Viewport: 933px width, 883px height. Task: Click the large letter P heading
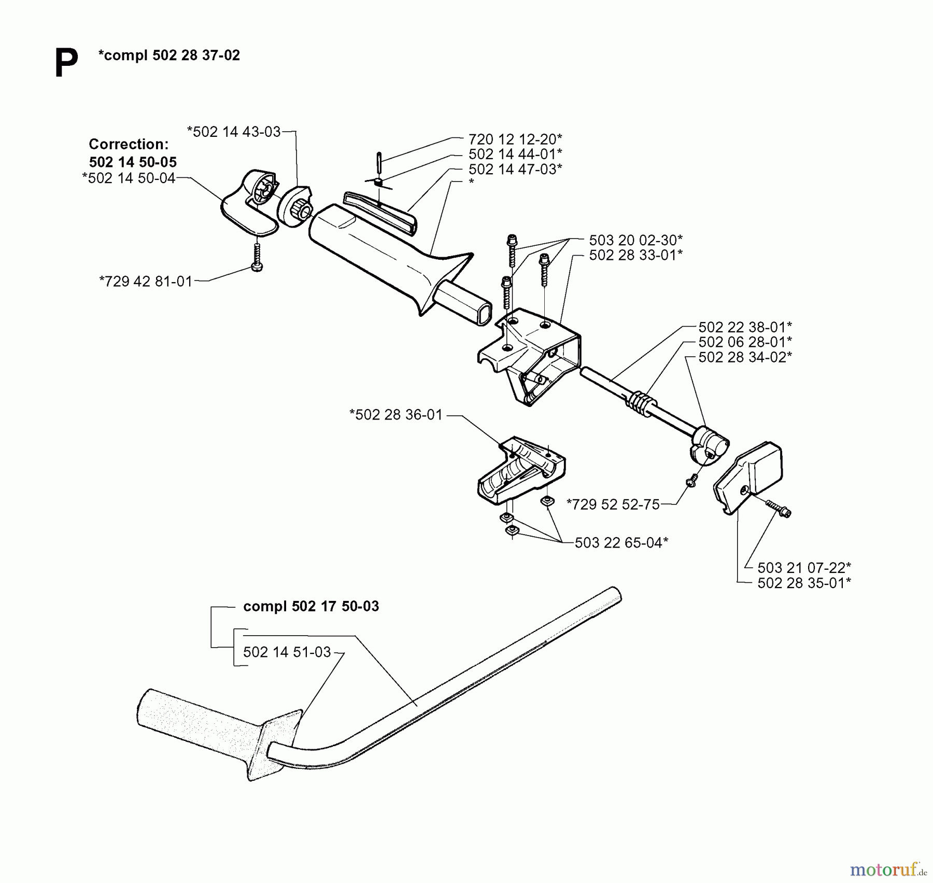[x=66, y=63]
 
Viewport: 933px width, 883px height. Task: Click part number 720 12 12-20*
[x=515, y=139]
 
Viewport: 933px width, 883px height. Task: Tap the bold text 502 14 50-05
[x=133, y=162]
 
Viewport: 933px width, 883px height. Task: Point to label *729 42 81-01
[x=146, y=281]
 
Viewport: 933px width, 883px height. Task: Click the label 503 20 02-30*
[x=635, y=240]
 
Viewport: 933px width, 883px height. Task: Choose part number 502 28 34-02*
[x=745, y=357]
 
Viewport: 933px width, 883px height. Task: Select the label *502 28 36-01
[x=396, y=415]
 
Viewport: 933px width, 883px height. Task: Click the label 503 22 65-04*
[x=621, y=542]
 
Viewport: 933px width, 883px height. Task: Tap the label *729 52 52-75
[x=613, y=504]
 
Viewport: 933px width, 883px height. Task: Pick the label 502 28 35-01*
[x=804, y=583]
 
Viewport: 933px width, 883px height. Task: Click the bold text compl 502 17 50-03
[x=311, y=606]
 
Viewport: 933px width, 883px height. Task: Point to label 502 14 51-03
[x=287, y=652]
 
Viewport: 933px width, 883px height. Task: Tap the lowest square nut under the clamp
[x=512, y=530]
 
